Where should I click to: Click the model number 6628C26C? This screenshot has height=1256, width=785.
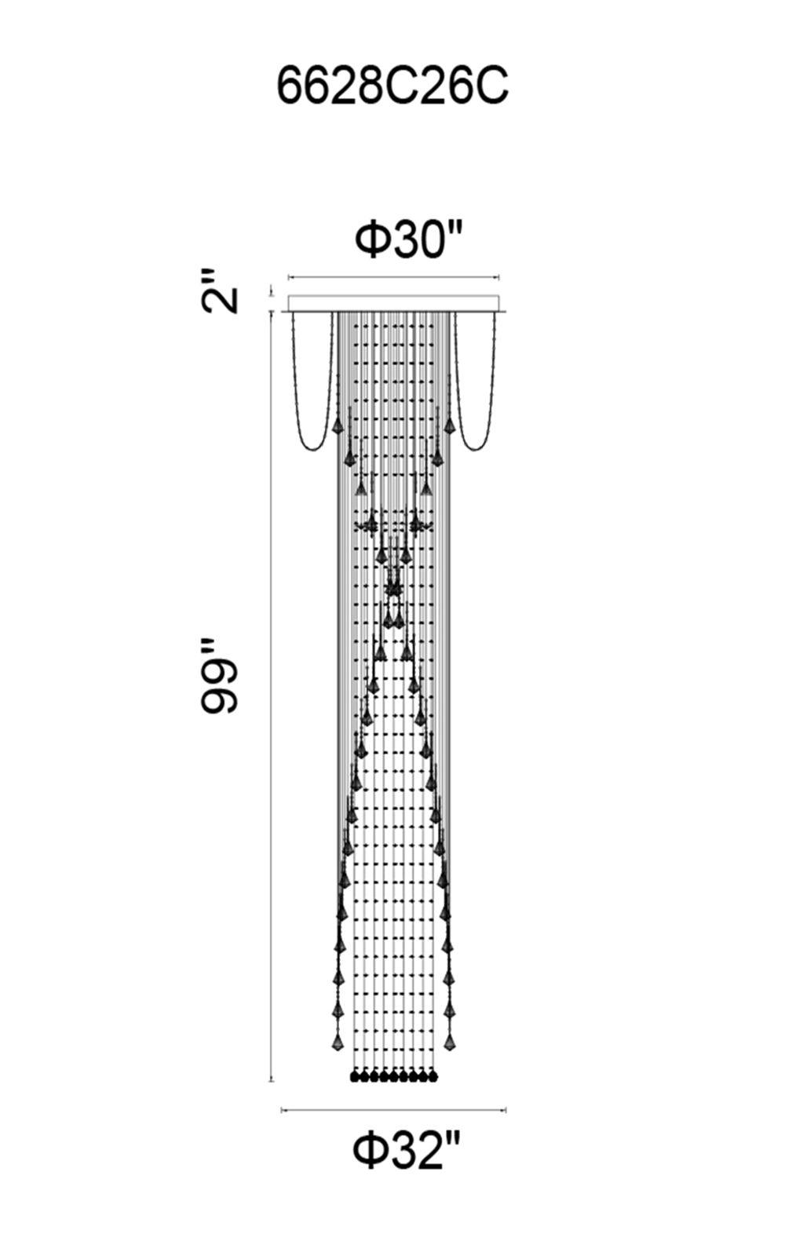click(x=392, y=87)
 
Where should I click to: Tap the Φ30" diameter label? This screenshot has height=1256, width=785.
click(x=409, y=239)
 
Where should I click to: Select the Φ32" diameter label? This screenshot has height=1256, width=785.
click(x=407, y=1149)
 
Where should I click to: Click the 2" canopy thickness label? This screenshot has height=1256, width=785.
click(x=220, y=290)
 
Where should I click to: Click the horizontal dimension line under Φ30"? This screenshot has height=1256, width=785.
click(x=393, y=277)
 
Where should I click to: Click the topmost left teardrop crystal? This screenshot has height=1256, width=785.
click(x=338, y=425)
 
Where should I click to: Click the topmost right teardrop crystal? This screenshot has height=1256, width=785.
click(x=448, y=425)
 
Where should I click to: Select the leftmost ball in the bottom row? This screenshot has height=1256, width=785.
click(x=354, y=1077)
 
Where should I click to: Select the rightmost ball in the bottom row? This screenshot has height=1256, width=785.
click(x=433, y=1077)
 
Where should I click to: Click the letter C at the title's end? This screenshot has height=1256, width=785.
click(x=491, y=87)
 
